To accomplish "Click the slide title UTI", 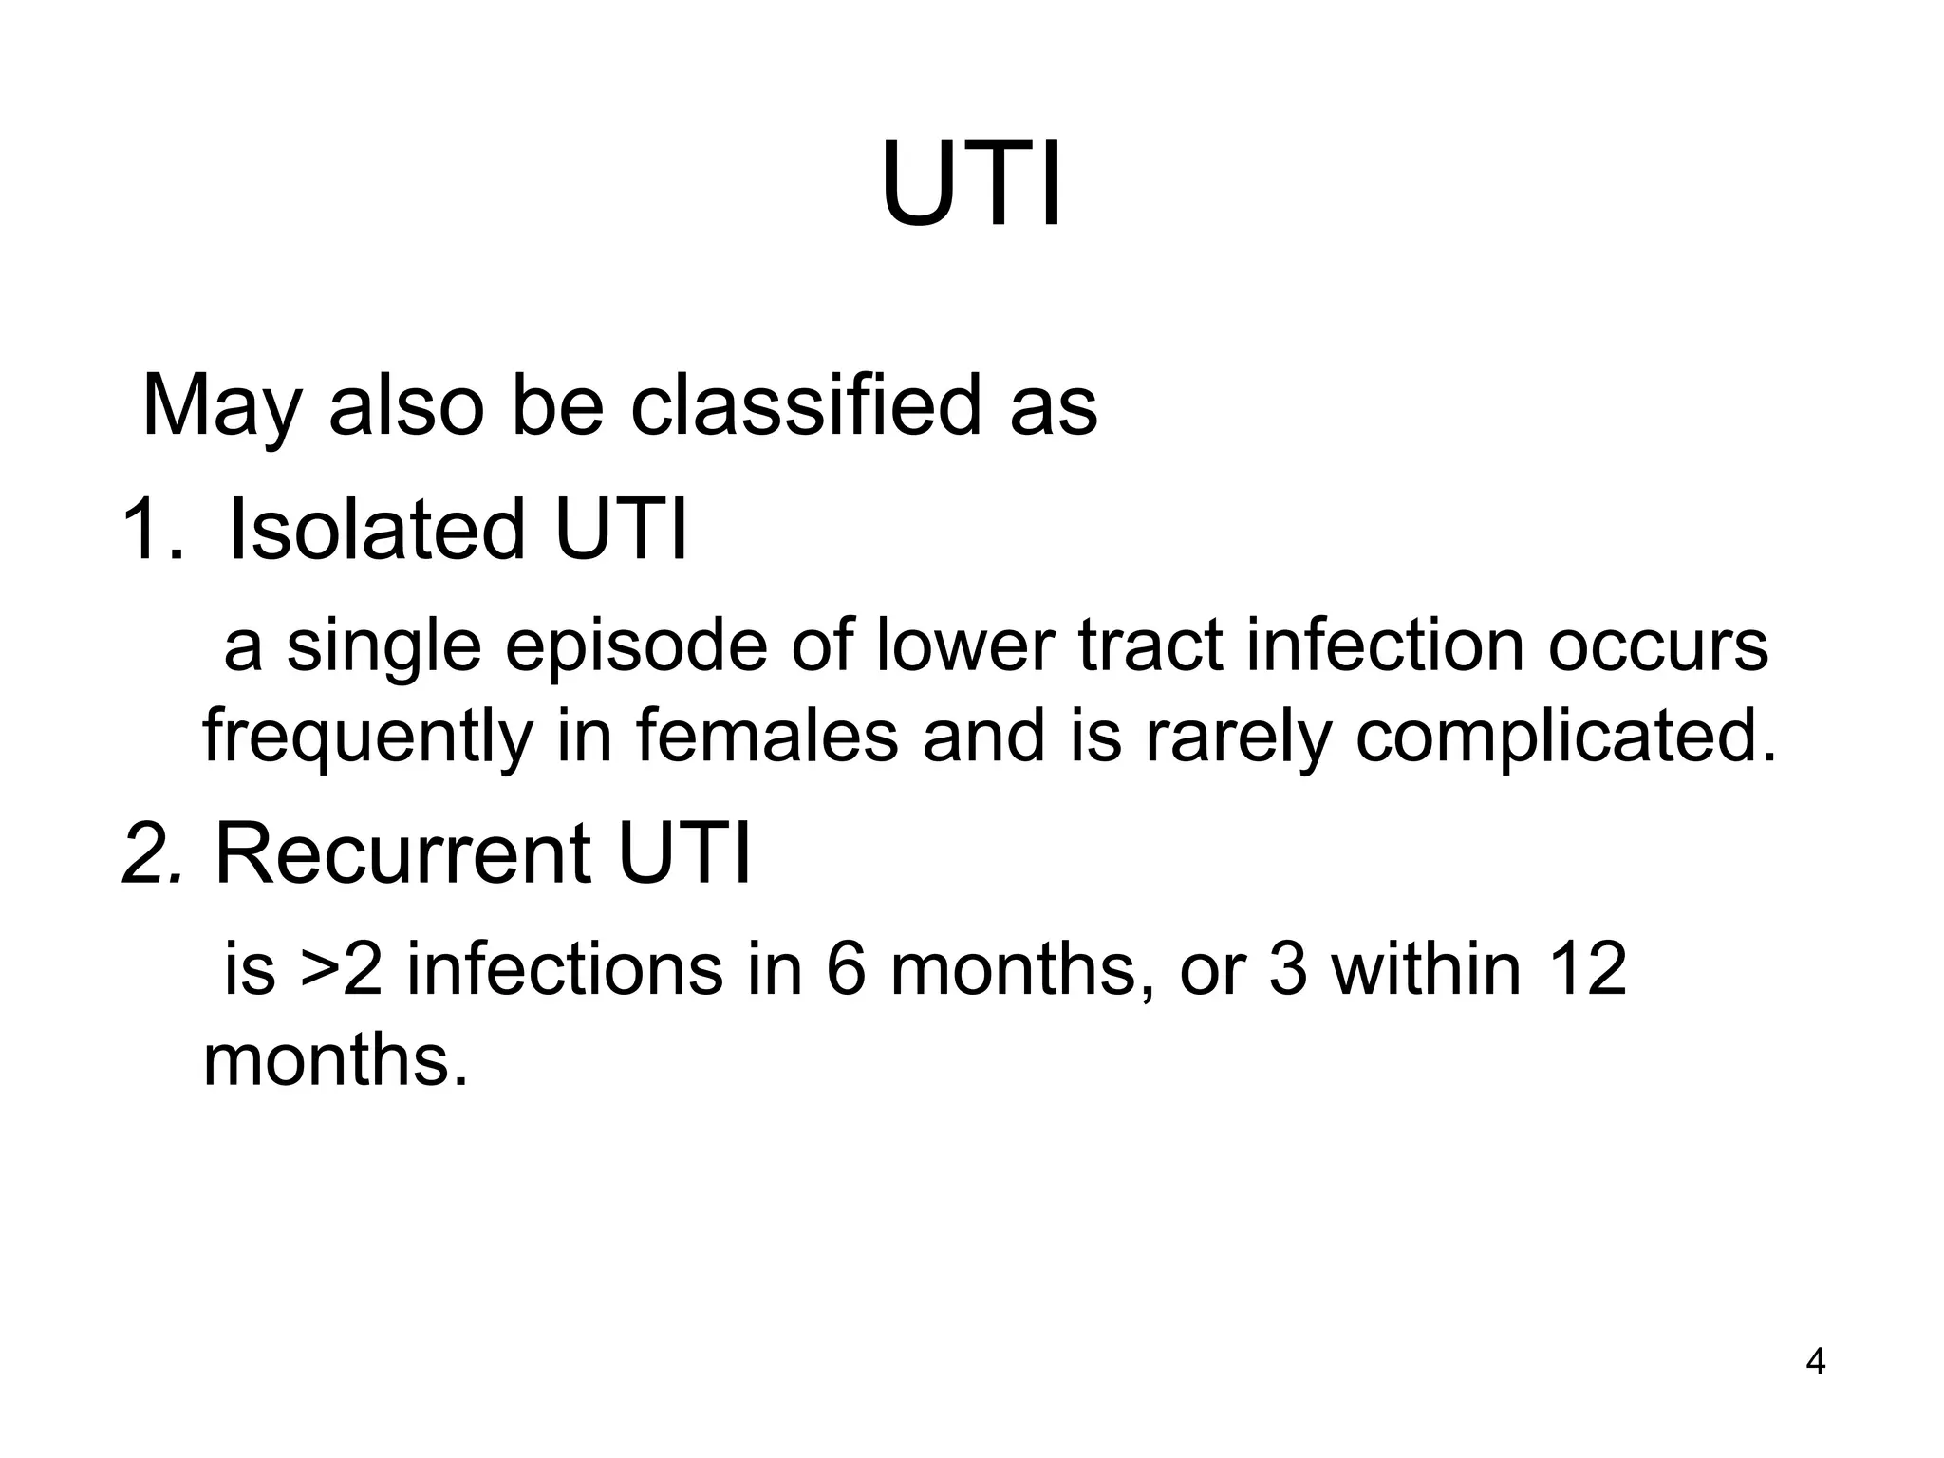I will (971, 185).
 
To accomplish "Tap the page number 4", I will (1815, 1363).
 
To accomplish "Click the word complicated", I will (1565, 737).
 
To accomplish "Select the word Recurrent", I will (403, 853).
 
